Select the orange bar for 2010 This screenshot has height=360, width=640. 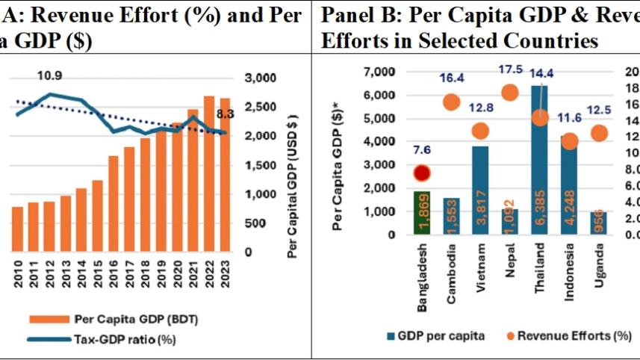17,229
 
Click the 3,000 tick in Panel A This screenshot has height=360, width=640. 261,78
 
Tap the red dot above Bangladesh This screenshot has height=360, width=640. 423,173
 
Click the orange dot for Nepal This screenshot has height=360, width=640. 511,93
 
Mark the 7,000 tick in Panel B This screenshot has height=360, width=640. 378,72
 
